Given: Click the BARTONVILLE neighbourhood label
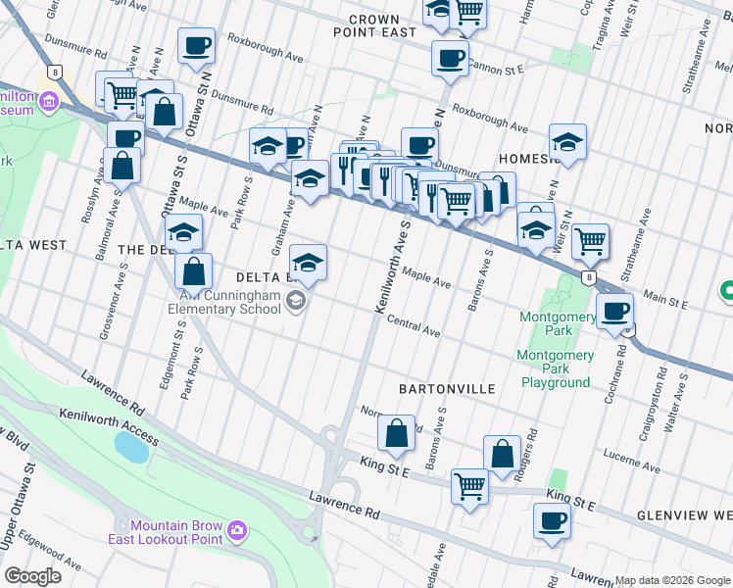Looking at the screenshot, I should point(447,389).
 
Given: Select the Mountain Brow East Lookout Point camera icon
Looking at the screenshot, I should point(236,531).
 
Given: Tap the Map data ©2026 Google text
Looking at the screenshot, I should point(672,580).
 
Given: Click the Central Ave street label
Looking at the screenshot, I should point(413,325).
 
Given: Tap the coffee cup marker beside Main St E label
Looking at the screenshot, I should point(614,311).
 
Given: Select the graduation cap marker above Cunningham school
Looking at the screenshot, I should point(308,262).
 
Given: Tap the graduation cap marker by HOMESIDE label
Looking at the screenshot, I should point(567,142).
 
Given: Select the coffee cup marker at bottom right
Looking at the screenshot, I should point(552,520).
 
